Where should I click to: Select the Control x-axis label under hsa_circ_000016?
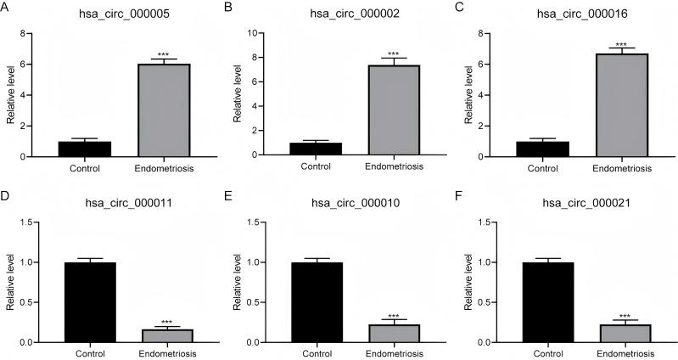tap(548, 168)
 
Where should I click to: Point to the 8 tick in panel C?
tap(504, 33)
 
